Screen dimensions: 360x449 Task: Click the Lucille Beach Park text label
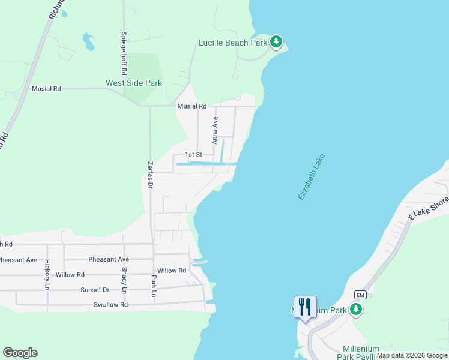(x=232, y=43)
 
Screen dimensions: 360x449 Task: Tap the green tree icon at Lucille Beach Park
(x=276, y=41)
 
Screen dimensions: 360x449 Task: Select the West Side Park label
(x=134, y=83)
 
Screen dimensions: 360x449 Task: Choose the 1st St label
(x=193, y=155)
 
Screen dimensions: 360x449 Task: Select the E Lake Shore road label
(x=428, y=208)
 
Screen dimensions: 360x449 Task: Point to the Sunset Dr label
(x=95, y=290)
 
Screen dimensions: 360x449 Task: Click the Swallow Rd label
(x=111, y=305)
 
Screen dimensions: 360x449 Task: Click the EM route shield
(x=360, y=295)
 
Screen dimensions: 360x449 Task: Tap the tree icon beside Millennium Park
(x=357, y=310)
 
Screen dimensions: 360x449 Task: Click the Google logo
(x=20, y=353)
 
